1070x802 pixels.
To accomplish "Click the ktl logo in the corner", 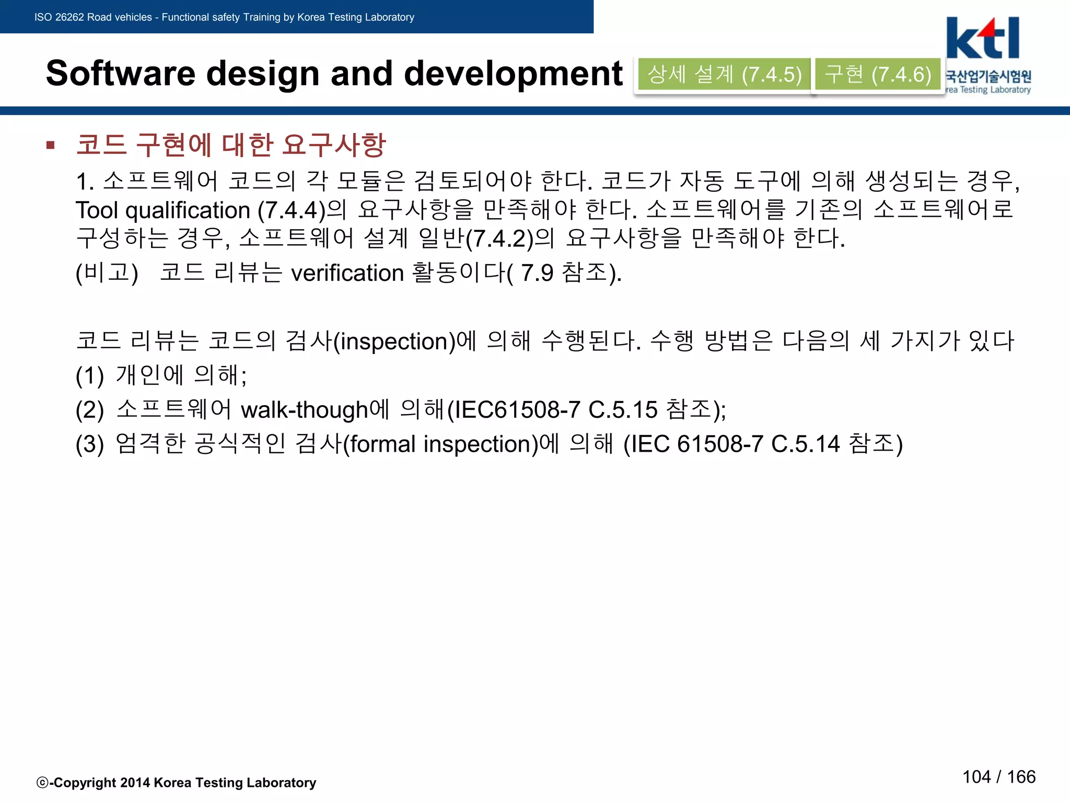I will tap(983, 39).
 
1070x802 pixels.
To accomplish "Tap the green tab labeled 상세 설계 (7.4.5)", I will tap(724, 74).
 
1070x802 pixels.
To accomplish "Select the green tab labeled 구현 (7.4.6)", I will tap(878, 74).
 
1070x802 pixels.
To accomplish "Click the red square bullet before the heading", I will tap(51, 145).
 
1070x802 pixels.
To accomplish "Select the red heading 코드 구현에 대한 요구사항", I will tap(230, 145).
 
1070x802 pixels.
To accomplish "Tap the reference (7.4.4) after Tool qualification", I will tap(292, 210).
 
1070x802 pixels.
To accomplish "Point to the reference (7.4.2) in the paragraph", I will tap(499, 239).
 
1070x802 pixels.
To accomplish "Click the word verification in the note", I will tap(347, 273).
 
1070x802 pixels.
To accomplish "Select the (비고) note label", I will tap(107, 273).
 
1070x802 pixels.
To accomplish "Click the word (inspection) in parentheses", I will tap(394, 341).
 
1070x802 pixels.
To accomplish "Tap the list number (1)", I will tap(89, 375).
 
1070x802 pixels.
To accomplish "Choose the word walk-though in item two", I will tap(305, 410).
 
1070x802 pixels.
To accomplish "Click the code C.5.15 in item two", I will tap(623, 410).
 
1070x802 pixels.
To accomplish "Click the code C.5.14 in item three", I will tap(805, 444).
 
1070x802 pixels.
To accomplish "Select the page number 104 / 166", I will tap(998, 777).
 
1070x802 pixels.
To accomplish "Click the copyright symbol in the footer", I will tap(42, 783).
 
